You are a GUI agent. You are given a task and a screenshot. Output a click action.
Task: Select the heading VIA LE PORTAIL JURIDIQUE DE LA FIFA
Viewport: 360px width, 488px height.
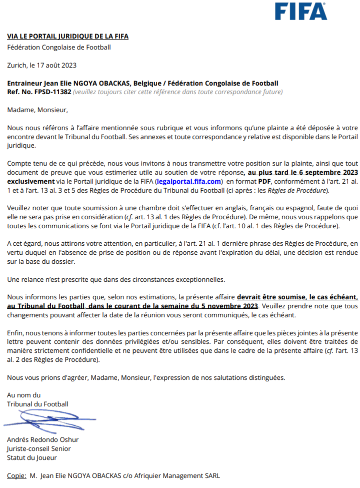tap(67, 36)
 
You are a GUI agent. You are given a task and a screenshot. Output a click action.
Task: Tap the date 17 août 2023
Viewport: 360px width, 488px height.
tap(55, 65)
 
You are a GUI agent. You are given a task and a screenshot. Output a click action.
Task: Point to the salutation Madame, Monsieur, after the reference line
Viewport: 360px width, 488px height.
tap(37, 110)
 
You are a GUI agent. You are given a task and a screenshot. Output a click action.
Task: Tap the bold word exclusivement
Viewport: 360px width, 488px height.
tap(30, 181)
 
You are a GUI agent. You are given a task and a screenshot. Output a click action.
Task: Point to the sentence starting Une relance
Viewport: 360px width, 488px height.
tap(116, 278)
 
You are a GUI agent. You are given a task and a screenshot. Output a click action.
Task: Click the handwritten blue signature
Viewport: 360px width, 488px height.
tap(50, 419)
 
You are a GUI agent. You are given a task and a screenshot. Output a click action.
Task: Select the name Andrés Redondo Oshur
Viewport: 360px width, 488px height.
tap(43, 439)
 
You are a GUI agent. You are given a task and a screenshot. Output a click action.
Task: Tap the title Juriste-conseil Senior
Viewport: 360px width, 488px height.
tap(39, 448)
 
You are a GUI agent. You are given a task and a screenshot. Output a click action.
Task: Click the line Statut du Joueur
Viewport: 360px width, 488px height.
tap(32, 457)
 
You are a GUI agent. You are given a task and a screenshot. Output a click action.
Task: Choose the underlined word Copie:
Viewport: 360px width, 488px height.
tap(16, 475)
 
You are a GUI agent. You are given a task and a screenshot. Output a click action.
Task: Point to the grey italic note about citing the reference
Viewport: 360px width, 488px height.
tap(178, 92)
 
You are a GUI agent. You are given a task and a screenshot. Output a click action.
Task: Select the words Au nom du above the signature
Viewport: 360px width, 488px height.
tap(24, 395)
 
